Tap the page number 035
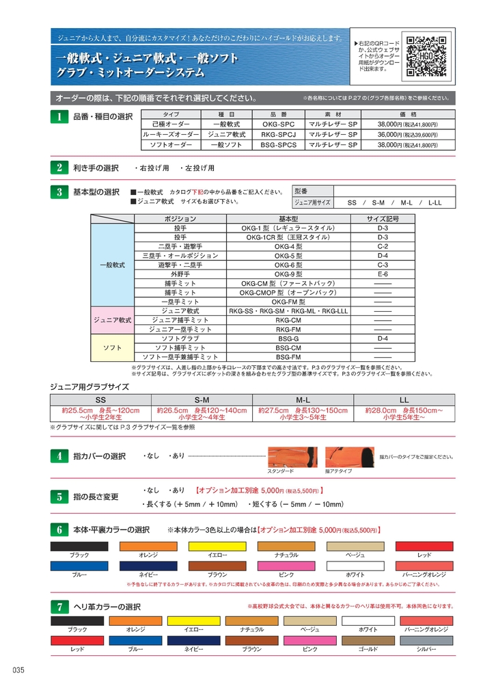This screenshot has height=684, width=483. (18, 670)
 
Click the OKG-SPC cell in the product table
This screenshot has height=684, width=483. (278, 125)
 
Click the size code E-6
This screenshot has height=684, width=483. (383, 272)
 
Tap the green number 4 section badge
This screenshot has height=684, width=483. (59, 456)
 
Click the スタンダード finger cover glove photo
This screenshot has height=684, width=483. (292, 457)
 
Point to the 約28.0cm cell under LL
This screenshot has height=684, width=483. (403, 413)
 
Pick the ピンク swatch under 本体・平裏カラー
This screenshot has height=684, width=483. (286, 566)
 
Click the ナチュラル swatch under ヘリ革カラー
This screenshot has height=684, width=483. (251, 620)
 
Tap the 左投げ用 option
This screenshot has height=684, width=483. (197, 168)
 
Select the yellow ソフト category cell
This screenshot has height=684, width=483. (112, 347)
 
